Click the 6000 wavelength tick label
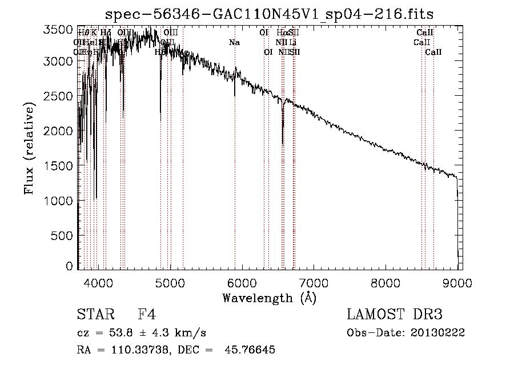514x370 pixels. click(x=242, y=282)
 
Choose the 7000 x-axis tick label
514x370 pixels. click(x=314, y=282)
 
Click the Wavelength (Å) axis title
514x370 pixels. click(x=269, y=298)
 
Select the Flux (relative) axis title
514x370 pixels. click(x=29, y=147)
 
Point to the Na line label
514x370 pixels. click(x=234, y=42)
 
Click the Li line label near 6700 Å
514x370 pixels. click(x=292, y=42)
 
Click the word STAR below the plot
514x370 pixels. click(x=94, y=315)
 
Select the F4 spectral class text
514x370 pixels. click(x=147, y=315)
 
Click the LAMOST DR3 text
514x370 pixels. click(x=395, y=315)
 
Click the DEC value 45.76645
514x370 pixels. click(x=251, y=350)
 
